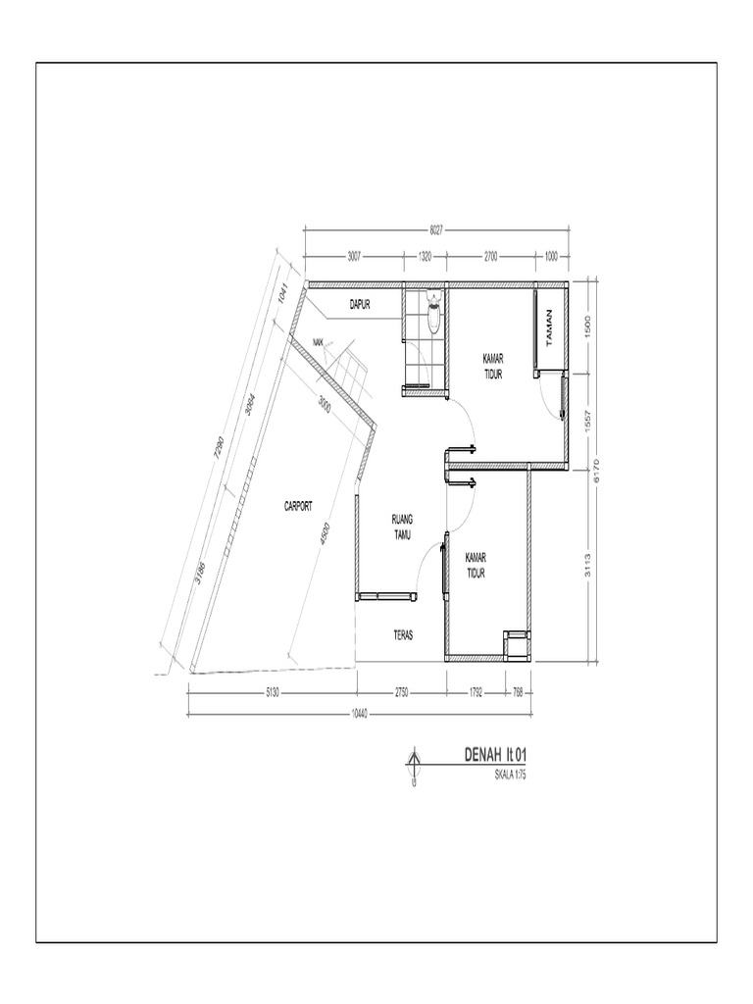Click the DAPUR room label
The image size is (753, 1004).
point(360,305)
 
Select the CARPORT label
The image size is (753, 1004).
point(298,506)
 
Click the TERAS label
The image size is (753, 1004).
point(403,634)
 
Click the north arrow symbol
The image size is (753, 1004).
point(415,766)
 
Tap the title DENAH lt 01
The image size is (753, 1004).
point(496,755)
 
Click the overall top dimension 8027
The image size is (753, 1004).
point(436,229)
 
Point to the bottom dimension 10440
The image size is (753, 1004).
point(360,713)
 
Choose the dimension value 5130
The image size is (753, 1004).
point(273,692)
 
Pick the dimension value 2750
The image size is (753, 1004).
point(401,692)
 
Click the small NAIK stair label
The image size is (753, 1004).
point(318,341)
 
